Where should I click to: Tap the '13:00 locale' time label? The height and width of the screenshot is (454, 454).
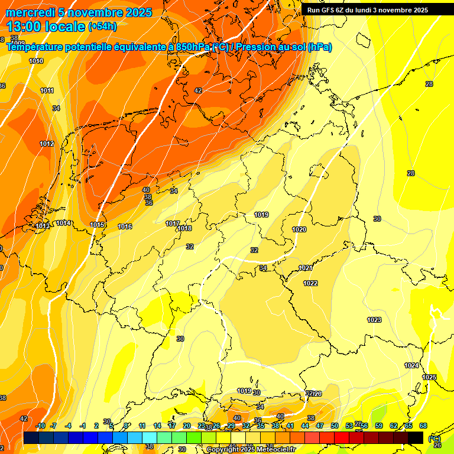[x=46, y=26]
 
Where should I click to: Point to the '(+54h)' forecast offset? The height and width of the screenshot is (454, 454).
[x=102, y=27]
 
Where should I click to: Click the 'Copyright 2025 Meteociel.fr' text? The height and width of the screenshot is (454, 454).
[x=250, y=449]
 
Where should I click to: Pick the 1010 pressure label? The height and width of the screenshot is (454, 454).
[x=36, y=61]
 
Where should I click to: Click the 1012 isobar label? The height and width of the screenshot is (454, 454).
[x=47, y=144]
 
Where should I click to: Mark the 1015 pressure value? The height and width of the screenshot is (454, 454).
[x=98, y=225]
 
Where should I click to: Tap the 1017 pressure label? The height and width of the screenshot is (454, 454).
[x=173, y=223]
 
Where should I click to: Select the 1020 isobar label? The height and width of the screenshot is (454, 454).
[x=299, y=229]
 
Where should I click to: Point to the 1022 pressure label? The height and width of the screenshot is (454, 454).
[x=310, y=283]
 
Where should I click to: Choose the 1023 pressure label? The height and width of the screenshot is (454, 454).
[x=374, y=320]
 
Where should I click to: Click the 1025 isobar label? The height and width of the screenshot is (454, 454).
[x=429, y=377]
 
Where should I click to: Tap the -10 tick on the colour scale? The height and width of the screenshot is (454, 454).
[x=40, y=426]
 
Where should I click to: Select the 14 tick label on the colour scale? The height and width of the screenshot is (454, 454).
[x=157, y=426]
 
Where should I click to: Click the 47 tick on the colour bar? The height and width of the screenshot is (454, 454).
[x=320, y=426]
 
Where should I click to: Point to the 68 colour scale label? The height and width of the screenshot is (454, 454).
[x=423, y=426]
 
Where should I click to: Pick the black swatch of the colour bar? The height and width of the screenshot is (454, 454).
[x=416, y=437]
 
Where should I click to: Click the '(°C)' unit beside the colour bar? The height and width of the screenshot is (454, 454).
[x=434, y=438]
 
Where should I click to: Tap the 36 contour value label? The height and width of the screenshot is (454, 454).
[x=149, y=203]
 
